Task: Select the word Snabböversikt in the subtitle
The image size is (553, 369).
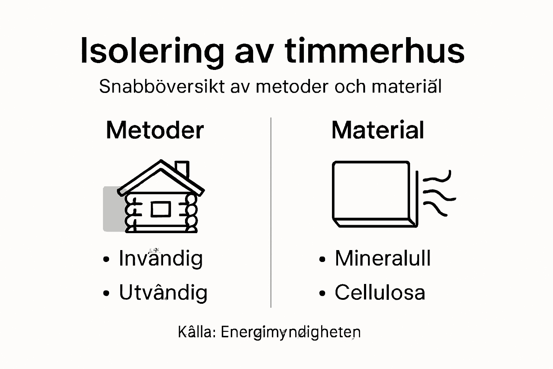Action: [162, 86]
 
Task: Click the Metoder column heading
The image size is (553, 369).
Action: [155, 130]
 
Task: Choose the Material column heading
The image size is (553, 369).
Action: [378, 130]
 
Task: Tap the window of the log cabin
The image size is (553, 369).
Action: [161, 209]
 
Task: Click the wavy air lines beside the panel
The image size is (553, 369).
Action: [437, 195]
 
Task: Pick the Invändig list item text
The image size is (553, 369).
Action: [161, 258]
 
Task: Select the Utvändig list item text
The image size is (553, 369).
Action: [163, 292]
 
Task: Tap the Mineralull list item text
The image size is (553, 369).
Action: [383, 258]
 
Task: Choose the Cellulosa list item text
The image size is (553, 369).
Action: [380, 292]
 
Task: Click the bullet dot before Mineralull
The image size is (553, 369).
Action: [322, 259]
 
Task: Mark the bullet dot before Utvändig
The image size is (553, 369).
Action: [106, 293]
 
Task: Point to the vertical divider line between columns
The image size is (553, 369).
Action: [271, 213]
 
